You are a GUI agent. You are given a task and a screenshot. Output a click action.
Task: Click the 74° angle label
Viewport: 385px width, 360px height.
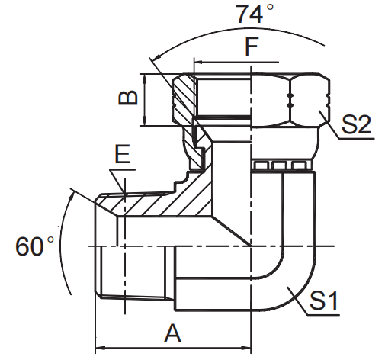tap(255, 13)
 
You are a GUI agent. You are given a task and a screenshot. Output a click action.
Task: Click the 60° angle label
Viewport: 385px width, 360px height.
tap(34, 246)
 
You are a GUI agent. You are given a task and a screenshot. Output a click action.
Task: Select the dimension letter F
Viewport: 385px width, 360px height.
tap(252, 47)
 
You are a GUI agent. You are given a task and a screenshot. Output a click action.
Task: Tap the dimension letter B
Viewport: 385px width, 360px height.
tap(128, 97)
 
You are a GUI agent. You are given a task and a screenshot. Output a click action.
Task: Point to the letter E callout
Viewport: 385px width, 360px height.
tap(123, 154)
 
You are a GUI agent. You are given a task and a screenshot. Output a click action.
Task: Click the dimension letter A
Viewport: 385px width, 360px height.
tap(173, 333)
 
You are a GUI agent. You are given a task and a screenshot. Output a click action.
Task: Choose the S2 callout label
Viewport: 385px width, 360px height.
tap(356, 124)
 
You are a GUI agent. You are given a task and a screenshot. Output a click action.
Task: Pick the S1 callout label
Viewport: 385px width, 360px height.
tap(323, 301)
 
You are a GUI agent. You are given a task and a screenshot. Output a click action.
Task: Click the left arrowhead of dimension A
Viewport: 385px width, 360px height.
tap(101, 348)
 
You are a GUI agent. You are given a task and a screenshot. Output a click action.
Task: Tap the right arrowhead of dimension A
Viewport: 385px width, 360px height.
tap(246, 348)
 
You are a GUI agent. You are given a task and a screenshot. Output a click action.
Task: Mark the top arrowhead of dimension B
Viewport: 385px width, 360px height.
tap(145, 79)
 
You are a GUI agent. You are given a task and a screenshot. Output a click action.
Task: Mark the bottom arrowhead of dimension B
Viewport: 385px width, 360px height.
tap(145, 121)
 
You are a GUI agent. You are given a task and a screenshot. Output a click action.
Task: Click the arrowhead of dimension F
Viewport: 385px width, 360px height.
tap(199, 62)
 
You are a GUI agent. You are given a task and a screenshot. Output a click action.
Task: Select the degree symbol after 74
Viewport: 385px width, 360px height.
tap(270, 7)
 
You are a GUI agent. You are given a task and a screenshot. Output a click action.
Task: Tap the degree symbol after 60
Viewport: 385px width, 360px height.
tap(50, 239)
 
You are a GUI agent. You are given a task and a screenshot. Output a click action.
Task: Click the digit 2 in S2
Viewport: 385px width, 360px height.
tap(364, 124)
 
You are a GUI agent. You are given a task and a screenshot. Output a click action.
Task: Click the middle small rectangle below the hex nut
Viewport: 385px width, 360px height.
tap(278, 166)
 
